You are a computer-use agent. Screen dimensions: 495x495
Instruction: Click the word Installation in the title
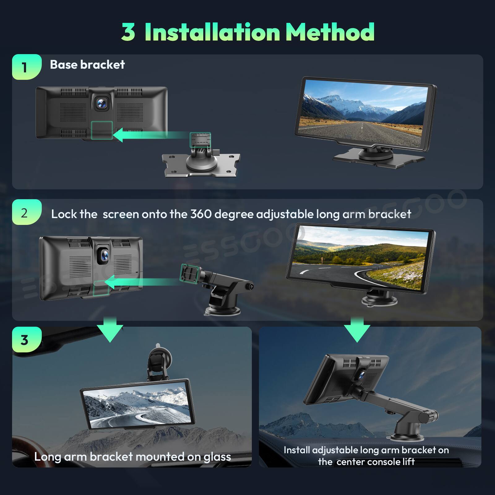(212, 32)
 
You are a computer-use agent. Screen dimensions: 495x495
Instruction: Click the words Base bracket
(87, 65)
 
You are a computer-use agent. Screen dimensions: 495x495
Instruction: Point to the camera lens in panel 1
(101, 103)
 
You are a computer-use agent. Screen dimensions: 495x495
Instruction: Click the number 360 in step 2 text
(201, 214)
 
